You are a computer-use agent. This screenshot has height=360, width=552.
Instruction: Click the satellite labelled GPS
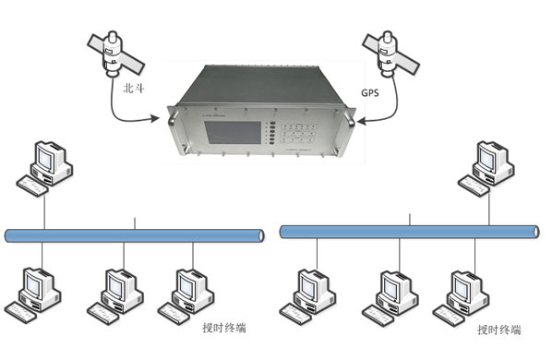pos(386,53)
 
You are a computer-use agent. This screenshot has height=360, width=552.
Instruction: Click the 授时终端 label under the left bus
pos(224,327)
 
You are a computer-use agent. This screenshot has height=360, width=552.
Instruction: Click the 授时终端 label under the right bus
pos(498,330)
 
